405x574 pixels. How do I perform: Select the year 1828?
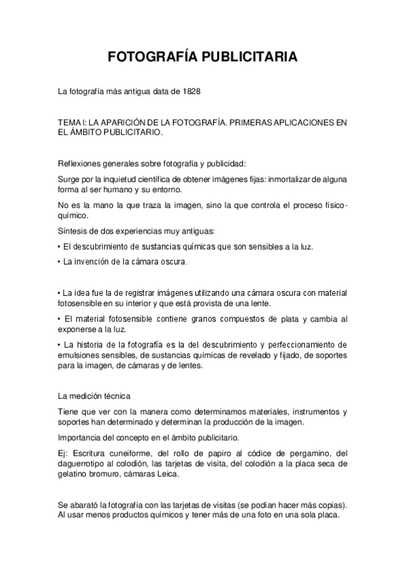click(191, 91)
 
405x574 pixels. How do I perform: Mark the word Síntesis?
click(73, 231)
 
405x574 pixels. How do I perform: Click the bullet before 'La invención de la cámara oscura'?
click(59, 261)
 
